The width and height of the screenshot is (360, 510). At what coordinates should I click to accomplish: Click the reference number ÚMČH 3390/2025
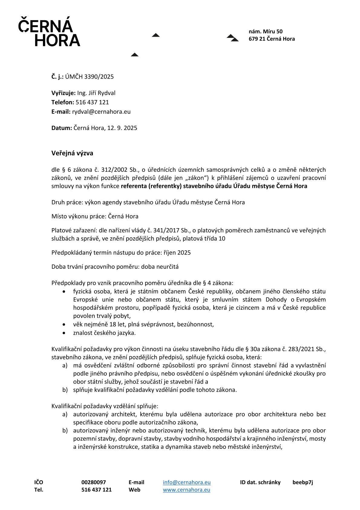(x=89, y=77)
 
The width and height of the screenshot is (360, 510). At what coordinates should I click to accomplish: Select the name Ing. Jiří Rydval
(x=96, y=93)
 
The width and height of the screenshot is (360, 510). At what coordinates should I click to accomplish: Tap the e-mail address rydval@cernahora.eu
(x=101, y=112)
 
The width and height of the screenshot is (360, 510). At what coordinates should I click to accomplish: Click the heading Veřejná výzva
(x=72, y=153)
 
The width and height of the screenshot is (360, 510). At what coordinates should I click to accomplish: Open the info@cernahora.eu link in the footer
(x=187, y=482)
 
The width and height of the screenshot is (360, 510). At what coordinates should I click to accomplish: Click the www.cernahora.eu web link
(x=186, y=490)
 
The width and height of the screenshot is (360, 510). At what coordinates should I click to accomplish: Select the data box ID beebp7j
(x=303, y=482)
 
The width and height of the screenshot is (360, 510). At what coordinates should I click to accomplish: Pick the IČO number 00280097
(x=93, y=482)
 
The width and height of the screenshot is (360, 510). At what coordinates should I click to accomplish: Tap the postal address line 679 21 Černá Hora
(x=272, y=39)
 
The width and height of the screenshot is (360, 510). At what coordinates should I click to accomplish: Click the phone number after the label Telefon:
(x=92, y=102)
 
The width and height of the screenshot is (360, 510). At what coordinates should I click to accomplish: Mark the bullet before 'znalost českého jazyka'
(x=64, y=333)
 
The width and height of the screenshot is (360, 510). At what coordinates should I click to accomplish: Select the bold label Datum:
(x=61, y=128)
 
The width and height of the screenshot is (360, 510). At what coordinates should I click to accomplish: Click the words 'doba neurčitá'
(x=160, y=267)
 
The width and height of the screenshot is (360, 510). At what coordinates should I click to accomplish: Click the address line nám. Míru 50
(x=266, y=32)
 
